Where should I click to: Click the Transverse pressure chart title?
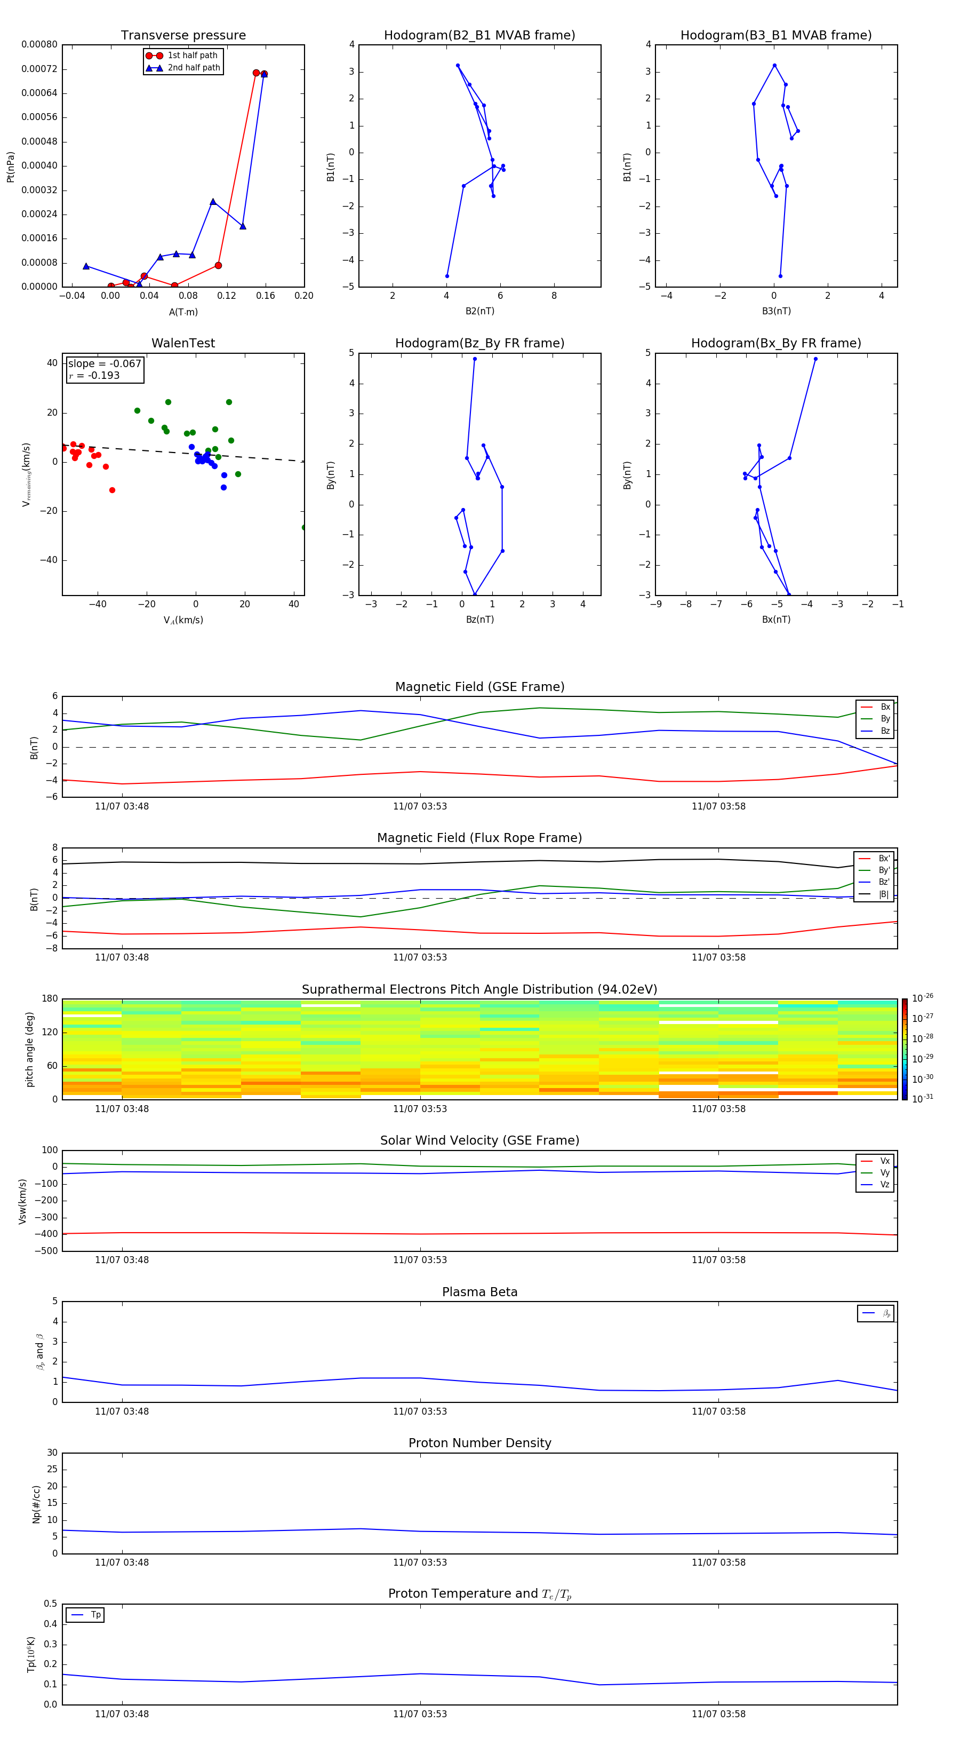[183, 36]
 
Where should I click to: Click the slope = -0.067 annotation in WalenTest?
[105, 364]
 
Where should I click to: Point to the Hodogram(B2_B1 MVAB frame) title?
[479, 36]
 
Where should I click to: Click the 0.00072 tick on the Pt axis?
[39, 69]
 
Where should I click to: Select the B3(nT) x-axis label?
[776, 311]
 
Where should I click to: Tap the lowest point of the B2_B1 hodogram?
[447, 276]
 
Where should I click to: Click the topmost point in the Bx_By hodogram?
[815, 359]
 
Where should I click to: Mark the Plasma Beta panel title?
[479, 1292]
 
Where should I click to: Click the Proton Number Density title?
[479, 1443]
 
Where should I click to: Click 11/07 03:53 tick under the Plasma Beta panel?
[420, 1411]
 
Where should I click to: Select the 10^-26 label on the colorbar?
[923, 998]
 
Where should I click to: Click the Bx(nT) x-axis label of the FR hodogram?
[776, 620]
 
